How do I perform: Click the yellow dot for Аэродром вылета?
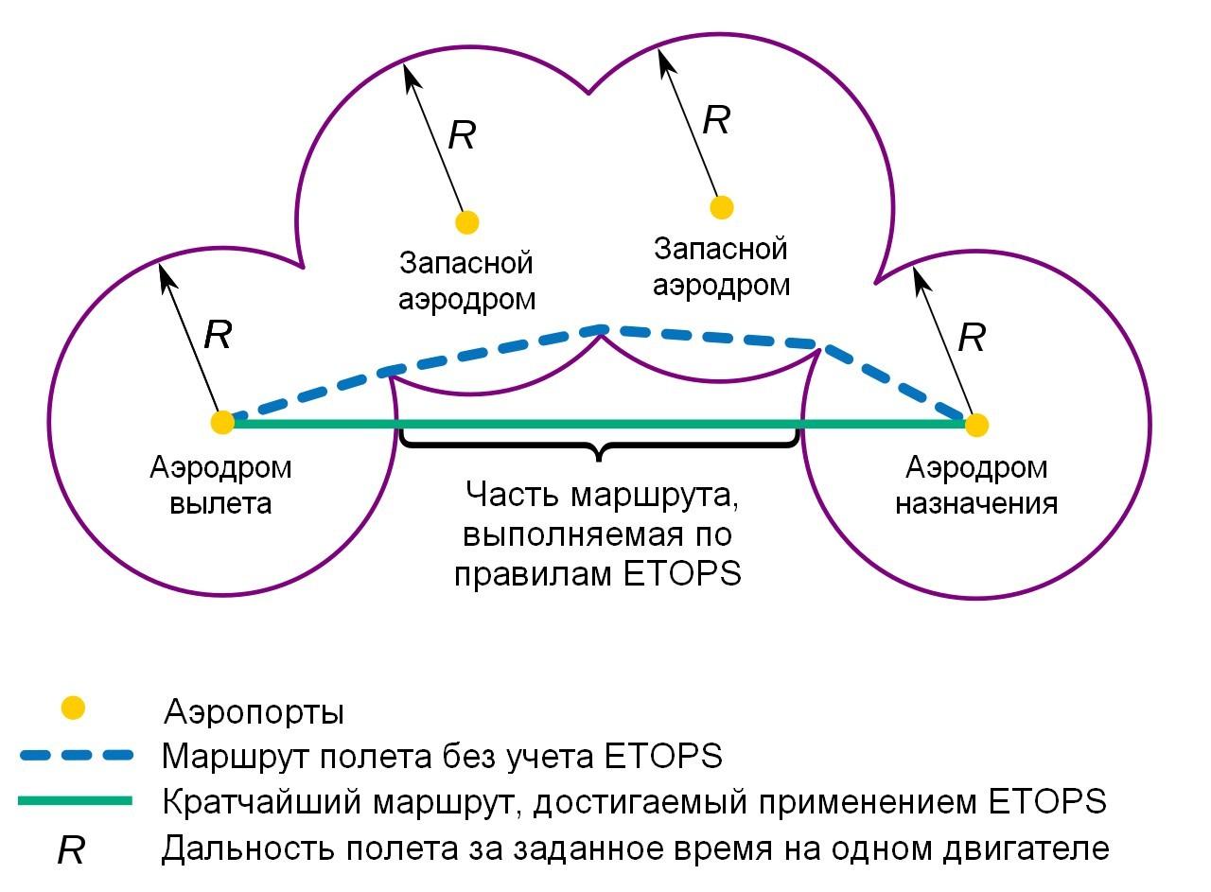pyautogui.click(x=222, y=422)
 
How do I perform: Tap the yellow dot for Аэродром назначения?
pyautogui.click(x=976, y=425)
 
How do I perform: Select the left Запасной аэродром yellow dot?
pyautogui.click(x=467, y=222)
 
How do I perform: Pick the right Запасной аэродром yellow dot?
pyautogui.click(x=721, y=207)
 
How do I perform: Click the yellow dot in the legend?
pyautogui.click(x=73, y=708)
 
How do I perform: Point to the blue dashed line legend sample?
pyautogui.click(x=77, y=755)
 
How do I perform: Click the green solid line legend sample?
pyautogui.click(x=75, y=800)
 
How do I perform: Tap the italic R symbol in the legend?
pyautogui.click(x=71, y=850)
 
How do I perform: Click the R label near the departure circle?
pyautogui.click(x=219, y=335)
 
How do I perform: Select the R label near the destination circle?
pyautogui.click(x=972, y=338)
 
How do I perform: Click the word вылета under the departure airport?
pyautogui.click(x=220, y=504)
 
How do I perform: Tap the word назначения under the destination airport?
pyautogui.click(x=976, y=504)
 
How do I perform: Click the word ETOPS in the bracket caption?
pyautogui.click(x=682, y=573)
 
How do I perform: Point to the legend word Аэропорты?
pyautogui.click(x=254, y=712)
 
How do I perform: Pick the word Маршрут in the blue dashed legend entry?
pyautogui.click(x=236, y=757)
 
